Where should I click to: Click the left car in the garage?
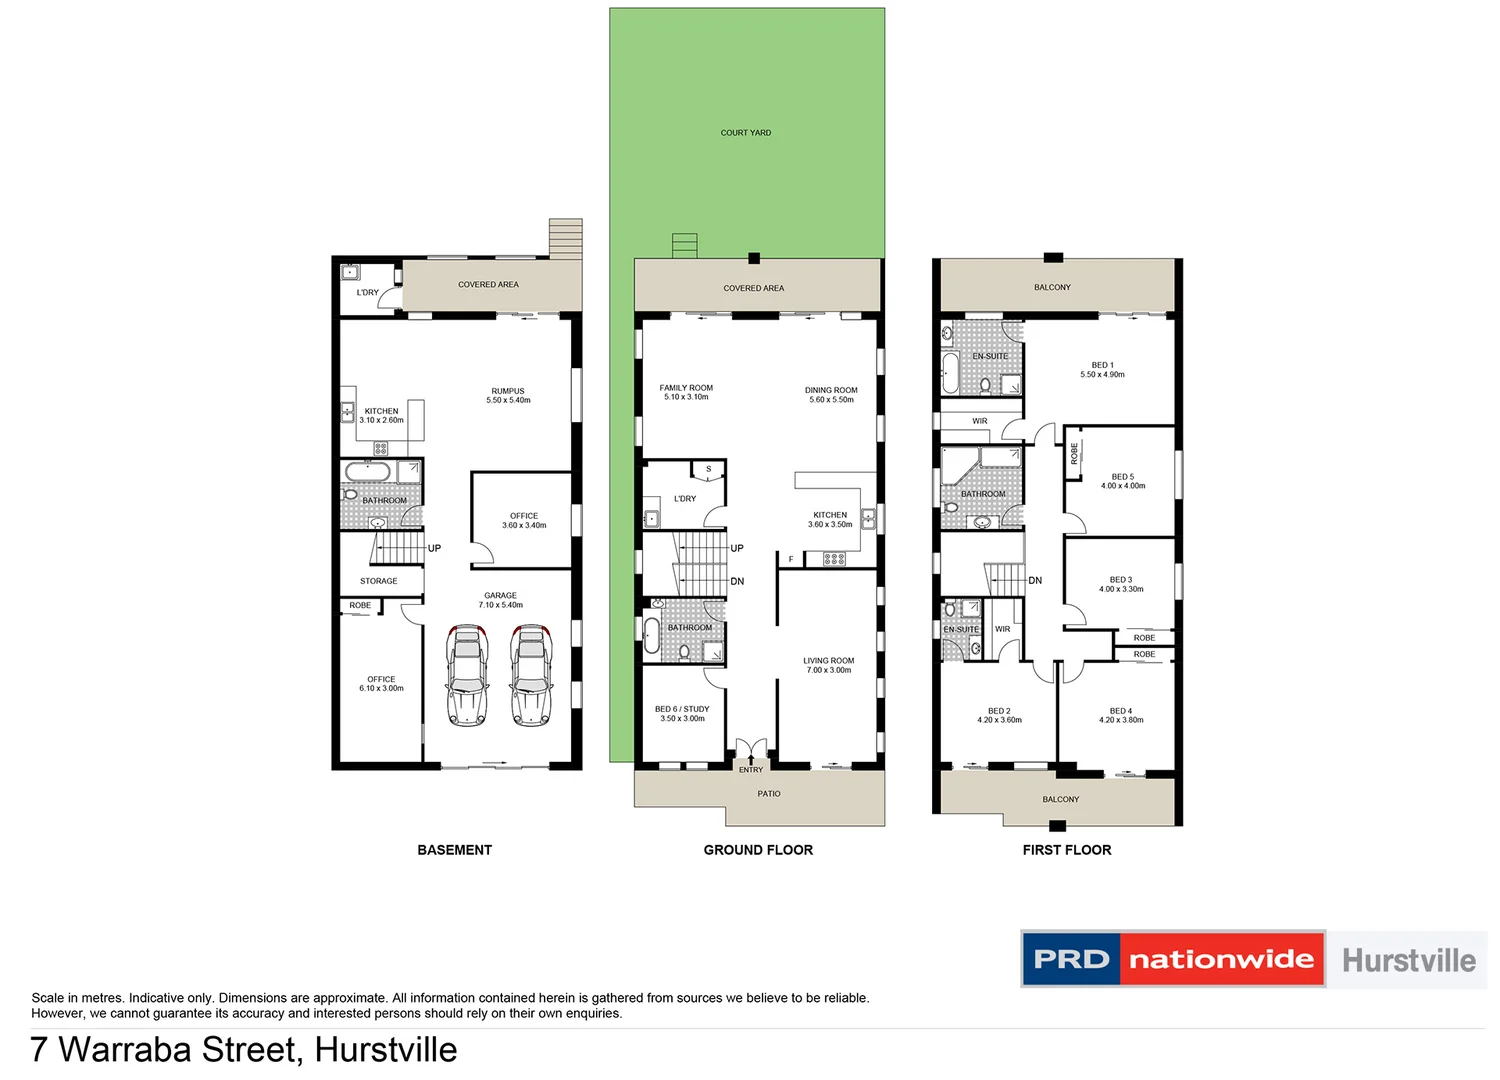click(467, 675)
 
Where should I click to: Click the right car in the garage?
click(531, 675)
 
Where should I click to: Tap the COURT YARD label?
click(746, 133)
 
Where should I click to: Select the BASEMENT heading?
click(454, 850)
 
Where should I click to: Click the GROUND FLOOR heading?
click(758, 850)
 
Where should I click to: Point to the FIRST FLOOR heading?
click(1066, 850)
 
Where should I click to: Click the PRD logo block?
click(1071, 960)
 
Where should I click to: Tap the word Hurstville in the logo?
click(1408, 961)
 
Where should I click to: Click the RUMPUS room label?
click(508, 392)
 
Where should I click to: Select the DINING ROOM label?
click(831, 391)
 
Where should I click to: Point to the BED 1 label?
click(1102, 366)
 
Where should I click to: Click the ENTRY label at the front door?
click(751, 770)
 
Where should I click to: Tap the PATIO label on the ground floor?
click(769, 794)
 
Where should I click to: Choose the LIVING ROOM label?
click(829, 661)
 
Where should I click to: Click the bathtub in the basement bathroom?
click(367, 472)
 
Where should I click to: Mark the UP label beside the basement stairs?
click(434, 549)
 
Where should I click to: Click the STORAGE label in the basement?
click(379, 581)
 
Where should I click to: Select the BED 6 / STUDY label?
click(682, 709)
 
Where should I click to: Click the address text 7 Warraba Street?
click(165, 1050)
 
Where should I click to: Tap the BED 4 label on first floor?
click(1121, 711)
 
